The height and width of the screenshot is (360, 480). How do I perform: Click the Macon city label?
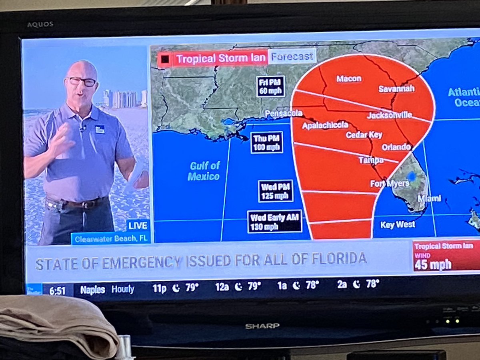coord(349,79)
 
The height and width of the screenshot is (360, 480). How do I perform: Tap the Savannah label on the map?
coord(396,89)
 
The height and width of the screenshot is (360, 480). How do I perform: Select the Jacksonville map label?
coord(389,116)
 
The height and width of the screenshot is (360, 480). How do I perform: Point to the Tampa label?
coord(371,160)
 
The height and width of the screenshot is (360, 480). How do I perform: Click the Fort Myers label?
coord(390,184)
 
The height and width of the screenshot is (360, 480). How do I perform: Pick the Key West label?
coord(398,225)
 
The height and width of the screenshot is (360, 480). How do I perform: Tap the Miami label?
coord(429,198)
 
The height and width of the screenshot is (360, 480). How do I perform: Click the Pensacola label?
coord(284,114)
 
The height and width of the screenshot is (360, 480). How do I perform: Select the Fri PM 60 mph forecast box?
coord(271,86)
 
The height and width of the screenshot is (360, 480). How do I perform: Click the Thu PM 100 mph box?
coord(267,142)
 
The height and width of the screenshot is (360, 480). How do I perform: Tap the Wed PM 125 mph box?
coord(275,191)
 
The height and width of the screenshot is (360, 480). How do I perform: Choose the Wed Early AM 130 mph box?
coord(274,222)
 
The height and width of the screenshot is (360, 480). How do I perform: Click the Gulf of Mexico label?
coord(204,171)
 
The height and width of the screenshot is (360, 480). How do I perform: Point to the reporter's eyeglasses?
coord(82,81)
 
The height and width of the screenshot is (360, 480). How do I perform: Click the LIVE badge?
coord(138,225)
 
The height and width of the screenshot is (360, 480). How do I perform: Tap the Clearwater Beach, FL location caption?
coord(111,239)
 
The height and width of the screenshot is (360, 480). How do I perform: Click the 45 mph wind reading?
coord(433,264)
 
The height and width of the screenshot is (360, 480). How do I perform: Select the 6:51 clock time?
coord(57,291)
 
